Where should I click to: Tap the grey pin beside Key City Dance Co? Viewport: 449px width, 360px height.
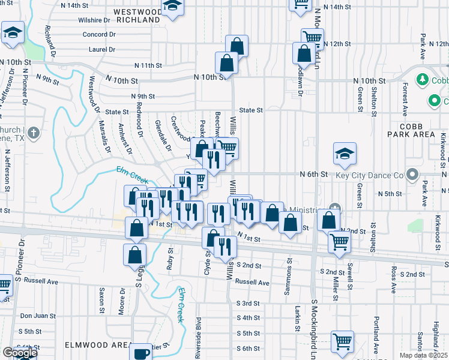[x=412, y=175]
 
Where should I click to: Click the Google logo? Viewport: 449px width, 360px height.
[x=19, y=353]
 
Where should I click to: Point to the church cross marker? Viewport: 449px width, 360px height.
[x=34, y=133]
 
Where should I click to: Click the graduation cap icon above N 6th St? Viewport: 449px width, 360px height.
[x=345, y=154]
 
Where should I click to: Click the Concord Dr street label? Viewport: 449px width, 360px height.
[x=98, y=34]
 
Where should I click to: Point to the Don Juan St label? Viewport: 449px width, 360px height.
[x=38, y=316]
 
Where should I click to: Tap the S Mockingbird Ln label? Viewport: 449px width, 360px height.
[x=314, y=327]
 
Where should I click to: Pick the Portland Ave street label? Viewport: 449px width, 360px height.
[x=376, y=330]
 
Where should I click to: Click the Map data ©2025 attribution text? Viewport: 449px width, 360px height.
[x=424, y=355]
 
